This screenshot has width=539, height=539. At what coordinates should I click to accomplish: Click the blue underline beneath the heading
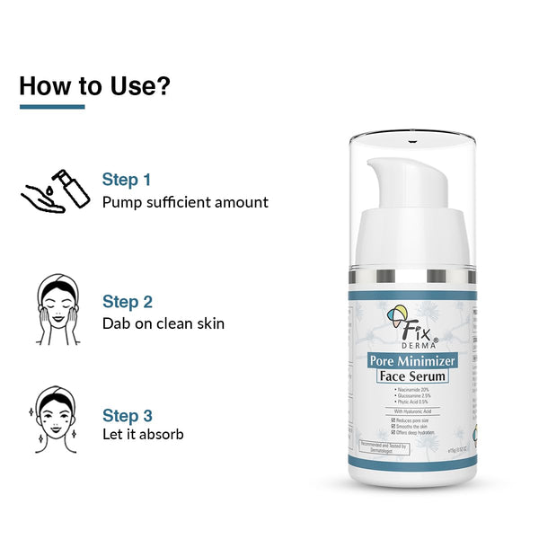click(52, 107)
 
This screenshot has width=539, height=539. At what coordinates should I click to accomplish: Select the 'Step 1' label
click(127, 180)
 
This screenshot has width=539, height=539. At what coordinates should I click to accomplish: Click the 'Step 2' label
click(128, 302)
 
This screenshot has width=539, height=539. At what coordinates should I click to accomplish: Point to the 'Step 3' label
click(128, 415)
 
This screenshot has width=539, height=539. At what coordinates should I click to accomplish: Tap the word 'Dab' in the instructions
click(117, 323)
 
